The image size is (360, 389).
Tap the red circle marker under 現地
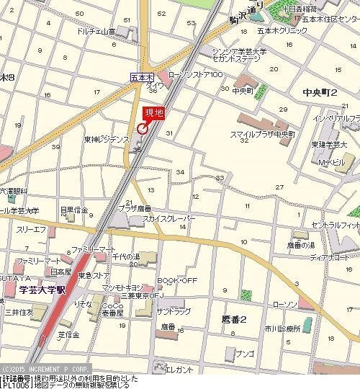tap(143, 129)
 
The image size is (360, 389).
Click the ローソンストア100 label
tap(195, 75)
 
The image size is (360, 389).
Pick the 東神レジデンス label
tap(106, 138)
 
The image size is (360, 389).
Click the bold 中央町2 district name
tap(320, 91)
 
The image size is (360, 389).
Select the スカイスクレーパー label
tap(168, 218)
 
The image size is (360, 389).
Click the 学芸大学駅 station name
tap(42, 290)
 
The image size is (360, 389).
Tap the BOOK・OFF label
tap(177, 280)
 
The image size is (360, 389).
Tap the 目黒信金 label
tap(73, 210)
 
